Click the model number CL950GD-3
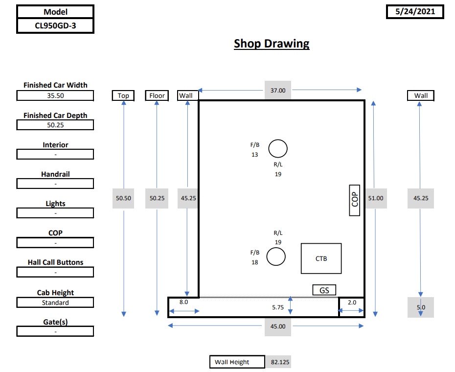coord(55,26)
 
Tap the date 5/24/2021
coord(415,12)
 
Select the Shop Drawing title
coord(272,44)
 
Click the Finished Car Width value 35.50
coord(55,95)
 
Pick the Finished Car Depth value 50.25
coord(55,125)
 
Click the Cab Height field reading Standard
coord(55,302)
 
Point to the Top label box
coord(123,95)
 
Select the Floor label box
coord(157,95)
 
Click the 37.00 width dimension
coord(278,91)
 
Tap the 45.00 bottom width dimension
coord(278,326)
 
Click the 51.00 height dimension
coord(376,198)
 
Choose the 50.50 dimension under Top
coord(123,198)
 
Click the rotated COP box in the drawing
coord(355,200)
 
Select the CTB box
coord(321,258)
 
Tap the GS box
coord(324,290)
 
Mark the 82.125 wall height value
coord(280,362)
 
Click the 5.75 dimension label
coord(278,307)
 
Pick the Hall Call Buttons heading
coord(55,262)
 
